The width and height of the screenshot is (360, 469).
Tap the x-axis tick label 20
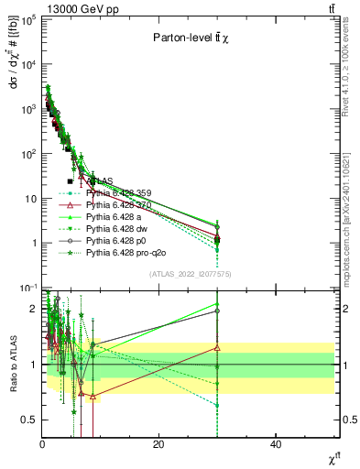159,443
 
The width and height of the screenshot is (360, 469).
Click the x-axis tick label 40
276,443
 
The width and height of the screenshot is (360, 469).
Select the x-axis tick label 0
42,443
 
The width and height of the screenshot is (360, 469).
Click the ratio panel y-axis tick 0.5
31,420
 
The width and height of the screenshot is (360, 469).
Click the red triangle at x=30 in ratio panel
217,348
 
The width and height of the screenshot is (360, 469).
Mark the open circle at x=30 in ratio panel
217,311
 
